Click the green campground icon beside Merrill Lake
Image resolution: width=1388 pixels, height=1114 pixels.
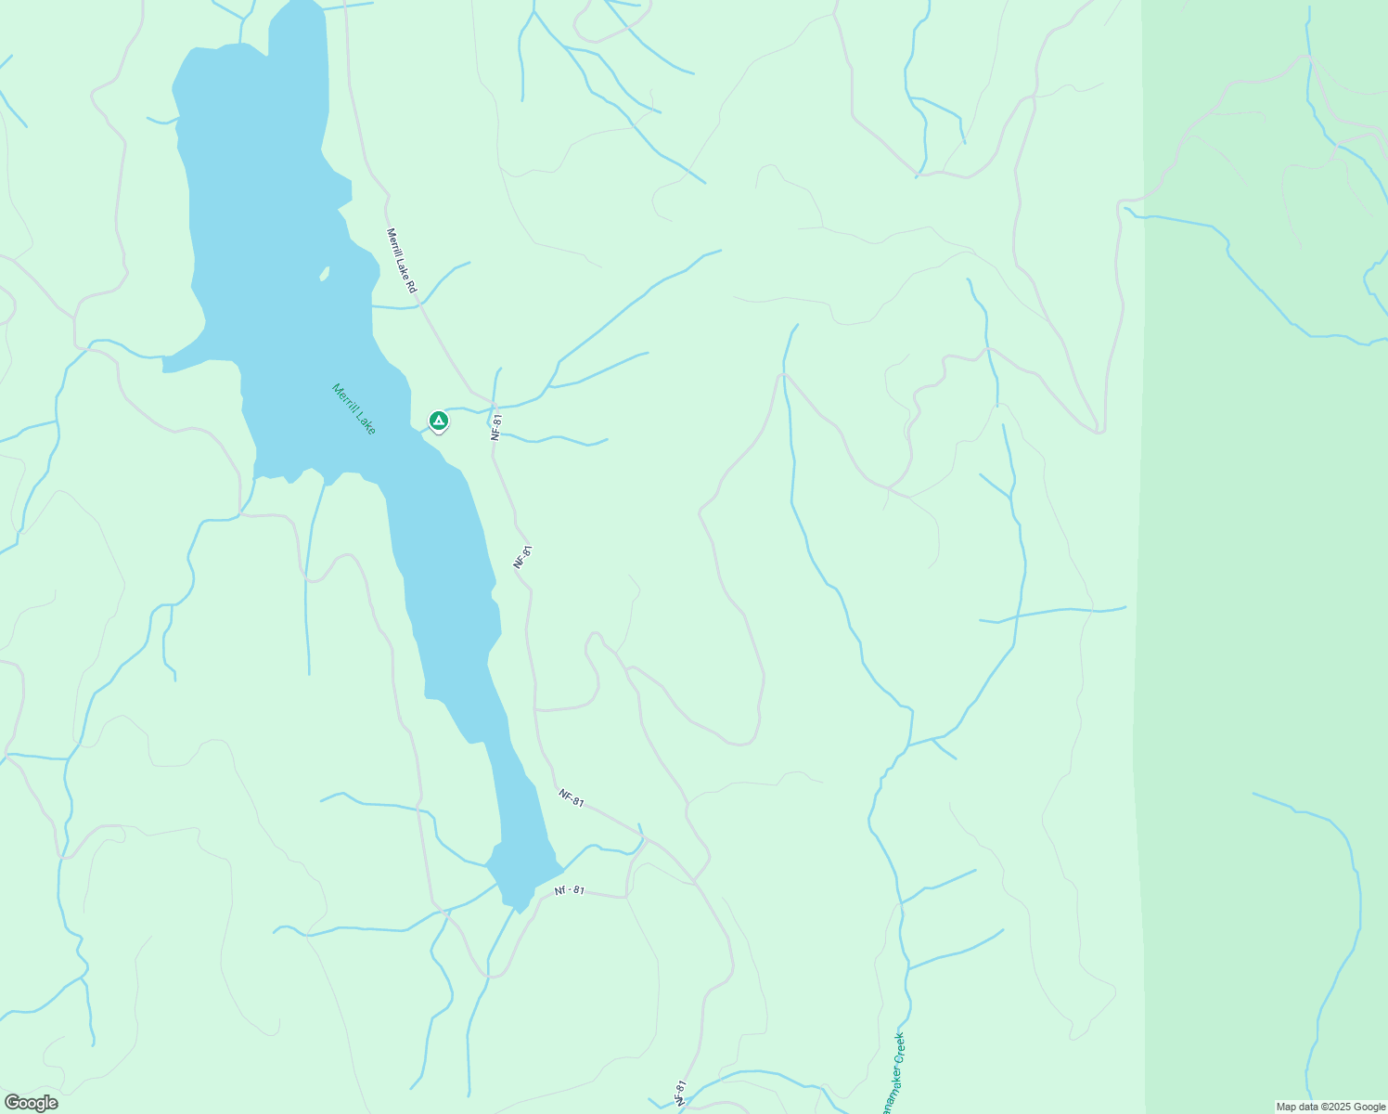[439, 421]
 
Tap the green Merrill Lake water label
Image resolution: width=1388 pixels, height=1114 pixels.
[354, 409]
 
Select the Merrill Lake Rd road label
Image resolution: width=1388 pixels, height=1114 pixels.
[403, 262]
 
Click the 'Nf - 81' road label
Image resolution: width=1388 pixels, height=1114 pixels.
[570, 890]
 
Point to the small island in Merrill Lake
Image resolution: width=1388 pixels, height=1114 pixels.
[324, 273]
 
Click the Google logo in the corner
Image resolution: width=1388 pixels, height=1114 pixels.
[30, 1103]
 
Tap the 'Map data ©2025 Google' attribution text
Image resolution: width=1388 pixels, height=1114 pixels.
[1330, 1107]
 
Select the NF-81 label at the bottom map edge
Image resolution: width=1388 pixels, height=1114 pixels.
[681, 1093]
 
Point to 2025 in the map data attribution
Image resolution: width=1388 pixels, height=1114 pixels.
[1342, 1107]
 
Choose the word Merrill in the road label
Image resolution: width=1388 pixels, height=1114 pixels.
[393, 242]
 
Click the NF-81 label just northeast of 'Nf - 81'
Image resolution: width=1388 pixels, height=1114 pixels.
[572, 797]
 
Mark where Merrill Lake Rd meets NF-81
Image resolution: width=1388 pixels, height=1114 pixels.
[492, 401]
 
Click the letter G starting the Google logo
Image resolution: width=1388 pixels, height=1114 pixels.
[11, 1103]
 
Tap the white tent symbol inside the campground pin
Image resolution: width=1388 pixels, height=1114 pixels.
[439, 421]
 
